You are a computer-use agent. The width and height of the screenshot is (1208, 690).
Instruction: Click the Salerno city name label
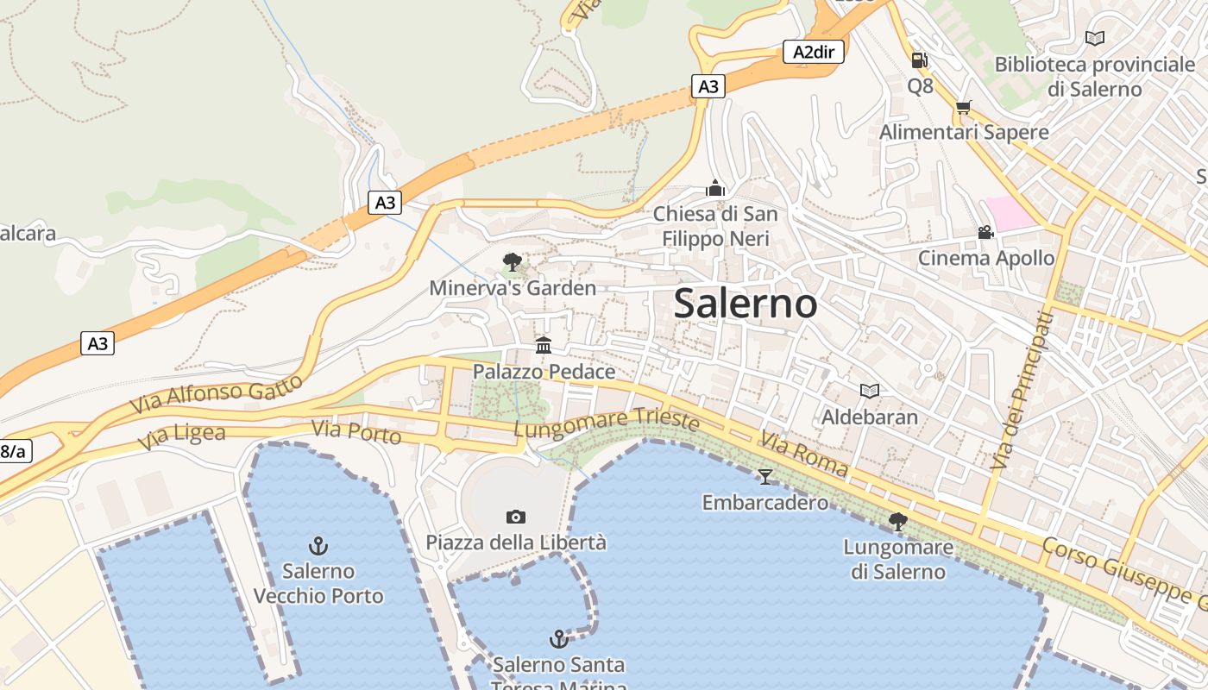pos(745,303)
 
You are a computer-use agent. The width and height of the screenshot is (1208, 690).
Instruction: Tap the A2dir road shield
pos(814,52)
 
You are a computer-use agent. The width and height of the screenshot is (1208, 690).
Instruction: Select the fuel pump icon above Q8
pos(920,60)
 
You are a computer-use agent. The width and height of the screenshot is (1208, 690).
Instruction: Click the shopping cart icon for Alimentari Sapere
pos(963,107)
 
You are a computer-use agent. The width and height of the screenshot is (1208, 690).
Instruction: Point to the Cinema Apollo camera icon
pos(985,232)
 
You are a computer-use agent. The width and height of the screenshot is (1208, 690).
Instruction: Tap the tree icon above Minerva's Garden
pos(513,261)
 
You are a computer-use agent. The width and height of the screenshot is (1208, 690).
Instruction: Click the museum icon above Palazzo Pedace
pos(544,346)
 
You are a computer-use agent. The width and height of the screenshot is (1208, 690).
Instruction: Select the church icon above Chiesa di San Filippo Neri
pos(714,188)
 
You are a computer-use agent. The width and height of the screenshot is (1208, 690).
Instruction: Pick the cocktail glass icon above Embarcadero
pos(764,476)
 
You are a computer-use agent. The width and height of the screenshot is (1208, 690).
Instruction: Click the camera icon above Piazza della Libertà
pos(515,517)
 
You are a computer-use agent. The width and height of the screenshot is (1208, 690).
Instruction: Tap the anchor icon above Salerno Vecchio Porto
pos(318,545)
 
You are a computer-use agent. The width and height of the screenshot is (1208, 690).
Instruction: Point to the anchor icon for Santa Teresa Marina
pos(559,639)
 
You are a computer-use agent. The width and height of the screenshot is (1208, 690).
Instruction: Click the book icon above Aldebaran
pos(869,392)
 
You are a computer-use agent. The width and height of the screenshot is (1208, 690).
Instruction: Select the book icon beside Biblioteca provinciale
pos(1094,39)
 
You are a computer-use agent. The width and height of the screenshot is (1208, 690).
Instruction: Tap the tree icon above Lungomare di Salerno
pos(897,521)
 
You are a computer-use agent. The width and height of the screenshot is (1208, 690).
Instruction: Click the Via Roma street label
pos(803,455)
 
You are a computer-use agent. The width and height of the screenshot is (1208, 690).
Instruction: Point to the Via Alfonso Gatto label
pos(217,393)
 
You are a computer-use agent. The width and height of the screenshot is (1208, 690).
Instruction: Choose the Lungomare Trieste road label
pos(606,423)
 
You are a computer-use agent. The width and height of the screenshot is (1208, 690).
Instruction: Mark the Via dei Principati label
pos(1022,391)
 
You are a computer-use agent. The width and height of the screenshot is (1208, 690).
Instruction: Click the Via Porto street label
pos(355,431)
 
